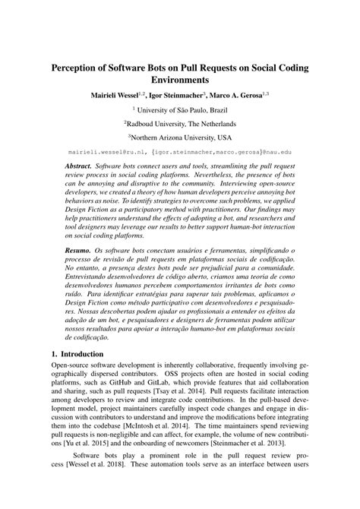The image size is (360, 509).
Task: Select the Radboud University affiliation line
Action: (x=181, y=124)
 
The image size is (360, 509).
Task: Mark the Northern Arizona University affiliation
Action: (x=181, y=138)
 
